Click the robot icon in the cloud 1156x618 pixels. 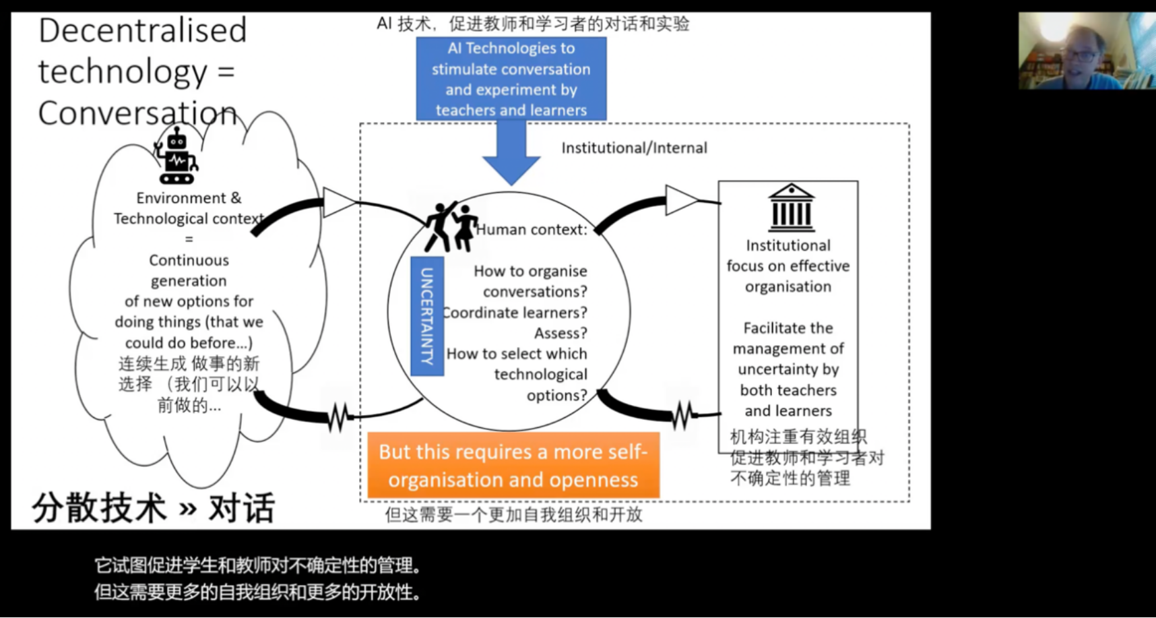[x=176, y=156]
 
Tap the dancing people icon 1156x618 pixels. [x=451, y=226]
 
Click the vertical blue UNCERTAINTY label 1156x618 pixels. [x=427, y=316]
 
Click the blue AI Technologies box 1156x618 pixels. [x=511, y=79]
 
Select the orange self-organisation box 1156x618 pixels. [x=513, y=466]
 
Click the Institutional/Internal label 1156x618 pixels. [x=634, y=148]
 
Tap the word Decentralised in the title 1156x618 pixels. [x=143, y=31]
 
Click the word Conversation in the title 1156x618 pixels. [x=137, y=113]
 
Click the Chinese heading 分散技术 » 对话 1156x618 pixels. [x=154, y=508]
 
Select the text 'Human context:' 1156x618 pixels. [x=532, y=230]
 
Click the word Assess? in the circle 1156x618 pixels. [x=560, y=334]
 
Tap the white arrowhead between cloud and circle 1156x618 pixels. [x=339, y=202]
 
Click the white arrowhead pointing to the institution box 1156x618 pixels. [x=680, y=200]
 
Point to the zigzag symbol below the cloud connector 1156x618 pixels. [x=339, y=417]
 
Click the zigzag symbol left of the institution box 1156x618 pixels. [x=683, y=414]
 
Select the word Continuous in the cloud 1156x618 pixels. [x=189, y=260]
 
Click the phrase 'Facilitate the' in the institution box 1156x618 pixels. [x=788, y=328]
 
